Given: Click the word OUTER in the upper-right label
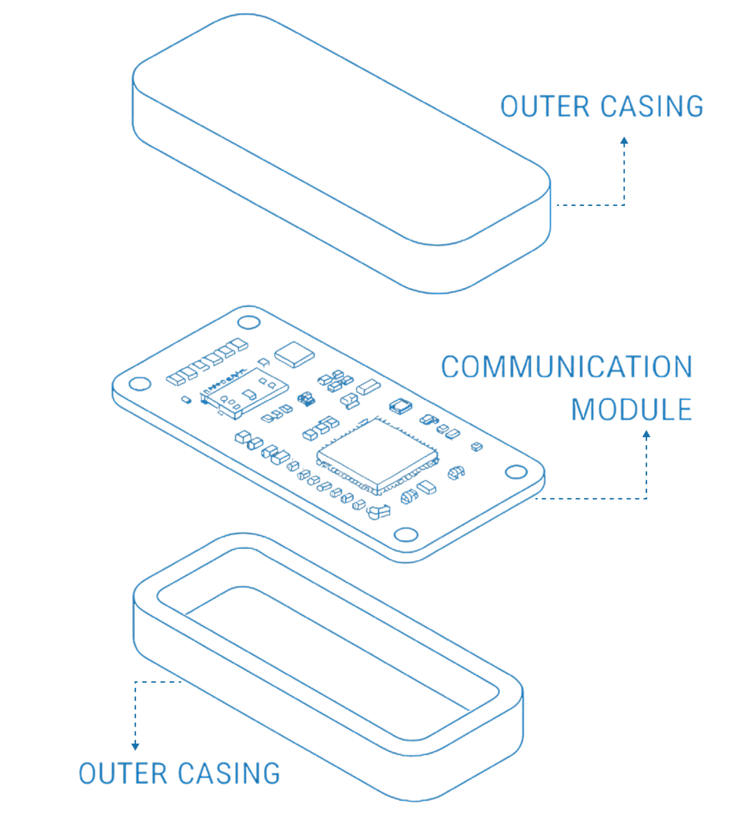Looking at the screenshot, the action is (545, 106).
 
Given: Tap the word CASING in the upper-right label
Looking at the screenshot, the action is (652, 106).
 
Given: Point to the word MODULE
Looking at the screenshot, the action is (631, 410).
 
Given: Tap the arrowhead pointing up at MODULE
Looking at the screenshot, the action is (646, 434).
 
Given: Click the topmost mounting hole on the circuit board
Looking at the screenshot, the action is (249, 323).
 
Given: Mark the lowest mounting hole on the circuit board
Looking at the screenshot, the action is (406, 534).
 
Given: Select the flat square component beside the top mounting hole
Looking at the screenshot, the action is (294, 354).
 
